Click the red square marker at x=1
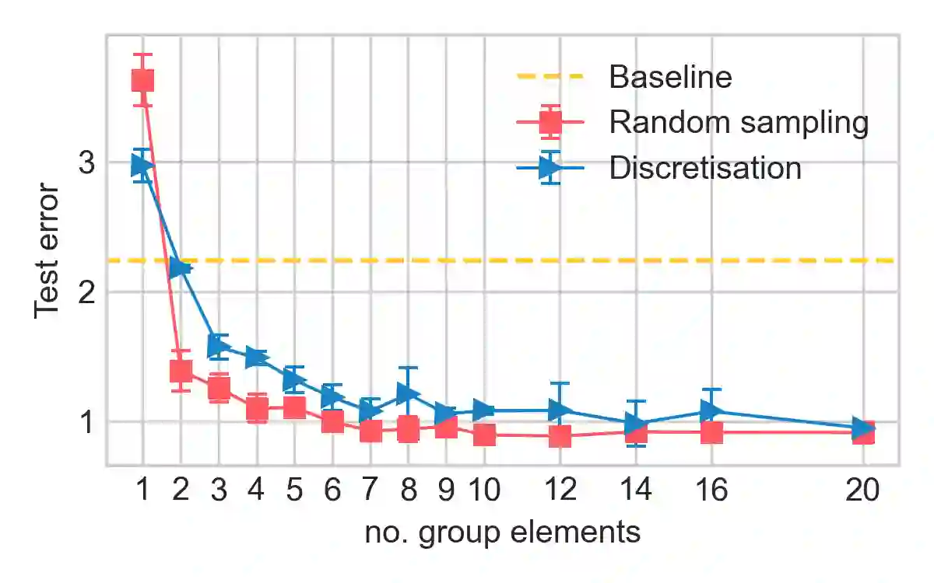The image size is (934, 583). click(x=142, y=80)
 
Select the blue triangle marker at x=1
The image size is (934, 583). click(x=142, y=164)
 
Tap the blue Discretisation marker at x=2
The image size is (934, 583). click(x=181, y=268)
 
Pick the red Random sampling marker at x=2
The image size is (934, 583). click(x=181, y=371)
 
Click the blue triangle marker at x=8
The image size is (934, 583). click(x=409, y=393)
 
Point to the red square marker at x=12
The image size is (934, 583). click(x=560, y=436)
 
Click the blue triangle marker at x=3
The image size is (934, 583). click(x=219, y=346)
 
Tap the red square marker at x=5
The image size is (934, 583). click(x=294, y=407)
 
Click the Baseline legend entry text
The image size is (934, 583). click(x=670, y=77)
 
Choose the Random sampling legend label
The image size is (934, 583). click(x=738, y=122)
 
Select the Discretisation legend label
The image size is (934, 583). click(x=705, y=168)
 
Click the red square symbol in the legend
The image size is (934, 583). click(x=550, y=122)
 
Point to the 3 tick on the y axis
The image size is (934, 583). click(x=86, y=163)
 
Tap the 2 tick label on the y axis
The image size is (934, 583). click(x=86, y=292)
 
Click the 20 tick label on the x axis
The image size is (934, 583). click(x=863, y=491)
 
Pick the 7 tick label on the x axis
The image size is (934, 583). click(x=370, y=491)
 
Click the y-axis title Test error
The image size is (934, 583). click(x=47, y=250)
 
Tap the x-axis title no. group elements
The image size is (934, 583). click(x=503, y=533)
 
